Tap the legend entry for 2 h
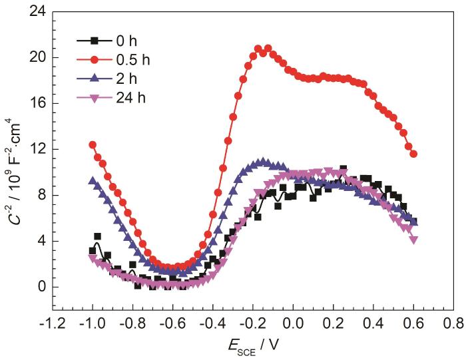coord(137,81)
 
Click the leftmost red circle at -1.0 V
coord(93,144)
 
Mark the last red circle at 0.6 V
coord(413,154)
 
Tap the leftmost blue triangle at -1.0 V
coord(93,180)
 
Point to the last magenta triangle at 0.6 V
coord(413,240)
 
